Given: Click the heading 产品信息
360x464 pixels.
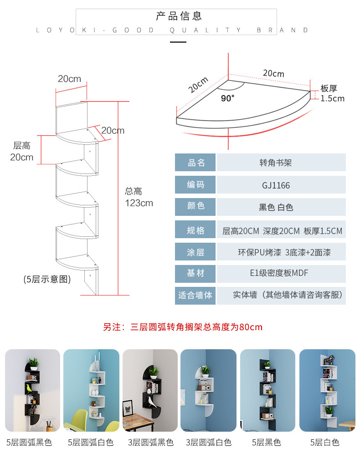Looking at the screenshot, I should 179,16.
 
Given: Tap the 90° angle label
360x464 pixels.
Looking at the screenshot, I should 228,98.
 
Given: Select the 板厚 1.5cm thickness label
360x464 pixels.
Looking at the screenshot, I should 332,93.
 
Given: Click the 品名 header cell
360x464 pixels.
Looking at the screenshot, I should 196,163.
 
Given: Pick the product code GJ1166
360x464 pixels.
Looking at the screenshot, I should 276,185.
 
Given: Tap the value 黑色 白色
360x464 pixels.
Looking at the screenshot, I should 276,207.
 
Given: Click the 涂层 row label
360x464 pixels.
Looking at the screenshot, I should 196,252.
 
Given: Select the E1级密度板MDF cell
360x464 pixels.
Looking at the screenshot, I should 279,273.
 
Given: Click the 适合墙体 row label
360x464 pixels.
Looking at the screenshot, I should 195,295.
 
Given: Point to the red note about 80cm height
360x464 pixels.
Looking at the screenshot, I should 183,327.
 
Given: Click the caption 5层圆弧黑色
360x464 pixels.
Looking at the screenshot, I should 29,442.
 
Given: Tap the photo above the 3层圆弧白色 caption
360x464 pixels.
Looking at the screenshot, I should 208,391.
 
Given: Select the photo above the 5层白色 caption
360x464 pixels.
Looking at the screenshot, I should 327,391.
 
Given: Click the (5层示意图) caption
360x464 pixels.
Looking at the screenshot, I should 47,279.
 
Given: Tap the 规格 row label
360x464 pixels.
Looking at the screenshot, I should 196,230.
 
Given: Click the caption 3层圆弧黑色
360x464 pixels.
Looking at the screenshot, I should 151,442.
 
